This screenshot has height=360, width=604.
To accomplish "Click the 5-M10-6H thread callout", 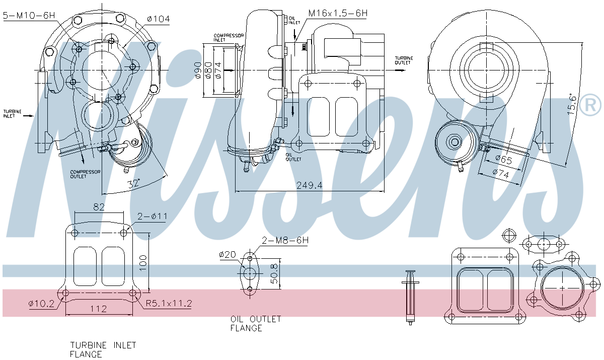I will (28, 16).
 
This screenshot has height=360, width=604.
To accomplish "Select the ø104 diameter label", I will (158, 19).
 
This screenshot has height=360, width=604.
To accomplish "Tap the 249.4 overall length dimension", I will (309, 185).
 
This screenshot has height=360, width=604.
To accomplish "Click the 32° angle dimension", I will (133, 184).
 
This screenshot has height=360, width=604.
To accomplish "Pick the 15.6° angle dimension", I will (571, 104).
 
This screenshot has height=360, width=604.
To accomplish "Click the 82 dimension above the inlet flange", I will (99, 207).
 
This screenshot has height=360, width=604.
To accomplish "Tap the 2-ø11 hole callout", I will (152, 217).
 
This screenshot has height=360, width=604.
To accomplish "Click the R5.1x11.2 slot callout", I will (169, 303).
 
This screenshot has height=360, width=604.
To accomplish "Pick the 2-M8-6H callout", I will (285, 241).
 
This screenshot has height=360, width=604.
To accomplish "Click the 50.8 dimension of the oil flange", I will (273, 272).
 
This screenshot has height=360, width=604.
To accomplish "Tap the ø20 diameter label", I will (228, 255).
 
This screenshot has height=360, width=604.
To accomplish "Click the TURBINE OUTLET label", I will (403, 60).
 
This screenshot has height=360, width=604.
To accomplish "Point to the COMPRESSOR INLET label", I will (229, 38).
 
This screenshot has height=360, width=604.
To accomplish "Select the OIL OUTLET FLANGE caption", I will (256, 324).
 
